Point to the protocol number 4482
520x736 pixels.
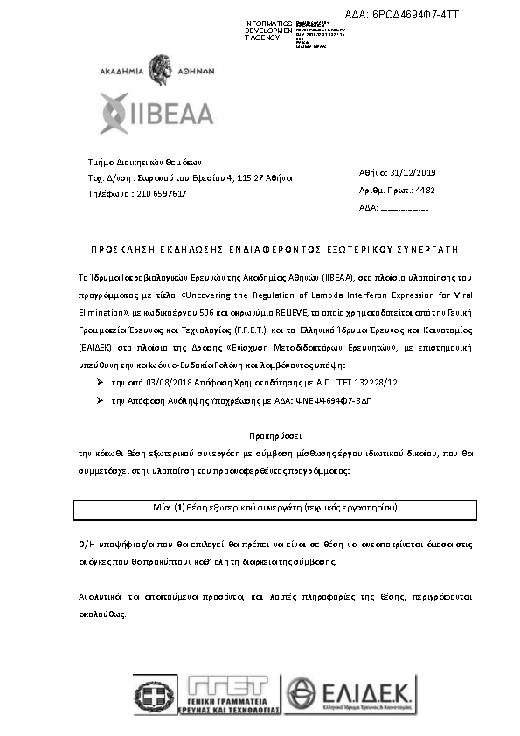tap(424, 190)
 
